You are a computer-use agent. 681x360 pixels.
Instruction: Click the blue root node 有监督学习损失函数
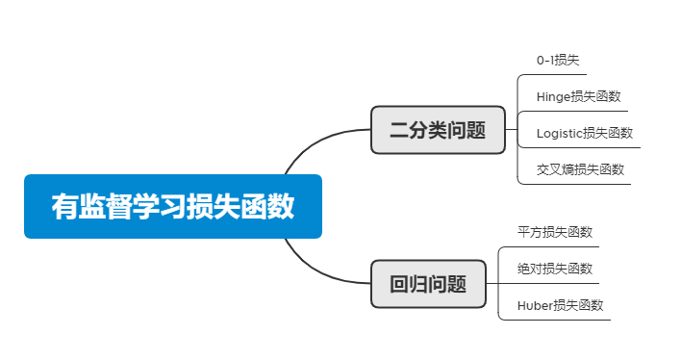tap(172, 206)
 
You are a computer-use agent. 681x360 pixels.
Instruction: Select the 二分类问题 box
tap(438, 130)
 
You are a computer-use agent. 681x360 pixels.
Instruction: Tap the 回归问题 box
tap(428, 284)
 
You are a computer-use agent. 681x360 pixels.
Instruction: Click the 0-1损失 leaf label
tap(558, 61)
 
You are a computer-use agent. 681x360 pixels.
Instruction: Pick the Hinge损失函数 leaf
tap(578, 96)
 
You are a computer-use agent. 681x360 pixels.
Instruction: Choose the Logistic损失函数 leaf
tap(584, 133)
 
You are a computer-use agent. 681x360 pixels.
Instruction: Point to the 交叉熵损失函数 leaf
tap(580, 169)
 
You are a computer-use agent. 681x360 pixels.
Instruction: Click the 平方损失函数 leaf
tap(555, 232)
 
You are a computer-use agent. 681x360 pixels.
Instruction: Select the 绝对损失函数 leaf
tap(555, 269)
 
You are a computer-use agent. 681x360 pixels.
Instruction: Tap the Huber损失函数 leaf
tap(560, 305)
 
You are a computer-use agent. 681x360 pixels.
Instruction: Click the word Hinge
tap(552, 96)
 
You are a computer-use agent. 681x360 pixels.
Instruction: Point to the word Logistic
tap(559, 133)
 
